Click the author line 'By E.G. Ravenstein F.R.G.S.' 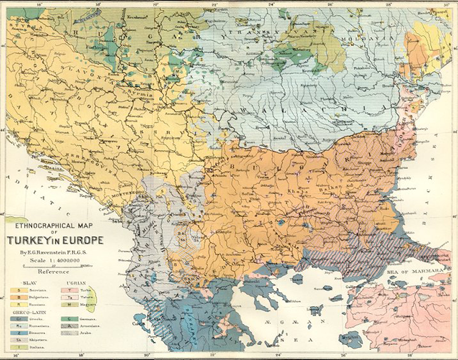[55, 251]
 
